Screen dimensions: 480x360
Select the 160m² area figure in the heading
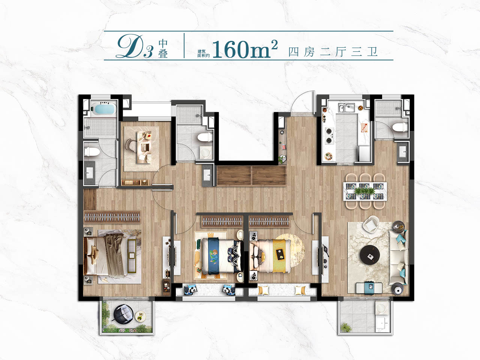pyautogui.click(x=245, y=49)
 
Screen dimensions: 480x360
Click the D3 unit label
pyautogui.click(x=135, y=47)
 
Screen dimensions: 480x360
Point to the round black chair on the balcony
pyautogui.click(x=123, y=314)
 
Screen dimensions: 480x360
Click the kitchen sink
pyautogui.click(x=346, y=108)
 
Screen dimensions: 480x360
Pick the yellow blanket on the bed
pyautogui.click(x=279, y=256)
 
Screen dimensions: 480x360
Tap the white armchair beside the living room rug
pyautogui.click(x=371, y=224)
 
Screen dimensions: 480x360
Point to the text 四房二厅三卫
pyautogui.click(x=333, y=52)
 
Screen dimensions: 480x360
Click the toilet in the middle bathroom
pyautogui.click(x=205, y=138)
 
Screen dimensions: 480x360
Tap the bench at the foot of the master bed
pyautogui.click(x=132, y=256)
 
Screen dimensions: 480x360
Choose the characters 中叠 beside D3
pyautogui.click(x=163, y=48)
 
